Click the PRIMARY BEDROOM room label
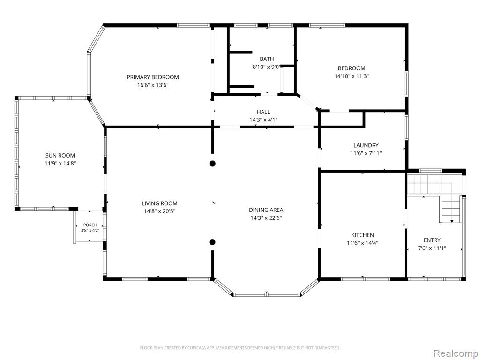[153, 77]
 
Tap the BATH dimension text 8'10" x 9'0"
[266, 67]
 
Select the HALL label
[263, 112]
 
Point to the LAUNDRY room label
[366, 145]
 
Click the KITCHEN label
[362, 235]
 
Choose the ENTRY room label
[432, 240]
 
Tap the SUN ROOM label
[60, 156]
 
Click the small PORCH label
[90, 225]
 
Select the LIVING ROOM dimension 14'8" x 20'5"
[159, 211]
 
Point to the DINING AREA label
[266, 210]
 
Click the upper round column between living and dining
[212, 164]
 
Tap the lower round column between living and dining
[212, 242]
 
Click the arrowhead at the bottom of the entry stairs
[452, 221]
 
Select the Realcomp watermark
[456, 353]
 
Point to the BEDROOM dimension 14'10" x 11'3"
[352, 76]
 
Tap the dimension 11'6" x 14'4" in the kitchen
[362, 243]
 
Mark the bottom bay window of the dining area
[266, 294]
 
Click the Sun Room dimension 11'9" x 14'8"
[60, 164]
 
